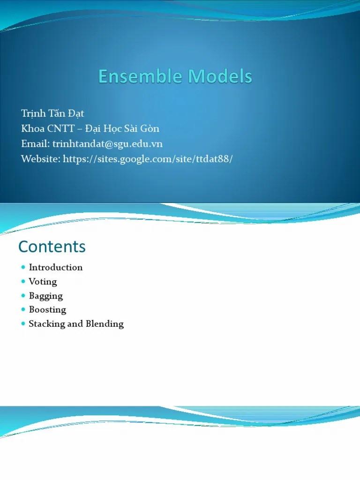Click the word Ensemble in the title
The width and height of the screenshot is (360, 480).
tap(135, 76)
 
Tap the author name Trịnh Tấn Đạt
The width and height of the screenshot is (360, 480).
tap(52, 113)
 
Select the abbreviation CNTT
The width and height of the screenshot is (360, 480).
tap(61, 128)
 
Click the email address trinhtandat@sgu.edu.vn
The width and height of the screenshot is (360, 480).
tap(107, 143)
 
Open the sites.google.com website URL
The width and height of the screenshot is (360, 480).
tap(148, 159)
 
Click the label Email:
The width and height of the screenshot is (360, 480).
tap(35, 143)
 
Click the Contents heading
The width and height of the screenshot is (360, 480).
tap(52, 247)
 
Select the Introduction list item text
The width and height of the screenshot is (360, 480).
tap(56, 267)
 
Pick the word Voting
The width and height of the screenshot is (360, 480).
tap(43, 281)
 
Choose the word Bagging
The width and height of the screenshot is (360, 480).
tap(46, 295)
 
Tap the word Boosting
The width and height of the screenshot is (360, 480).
tap(47, 309)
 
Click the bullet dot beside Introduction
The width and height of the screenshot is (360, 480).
tap(23, 267)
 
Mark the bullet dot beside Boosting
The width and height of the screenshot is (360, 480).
tap(23, 309)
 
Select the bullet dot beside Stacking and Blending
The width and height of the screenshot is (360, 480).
tap(23, 323)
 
